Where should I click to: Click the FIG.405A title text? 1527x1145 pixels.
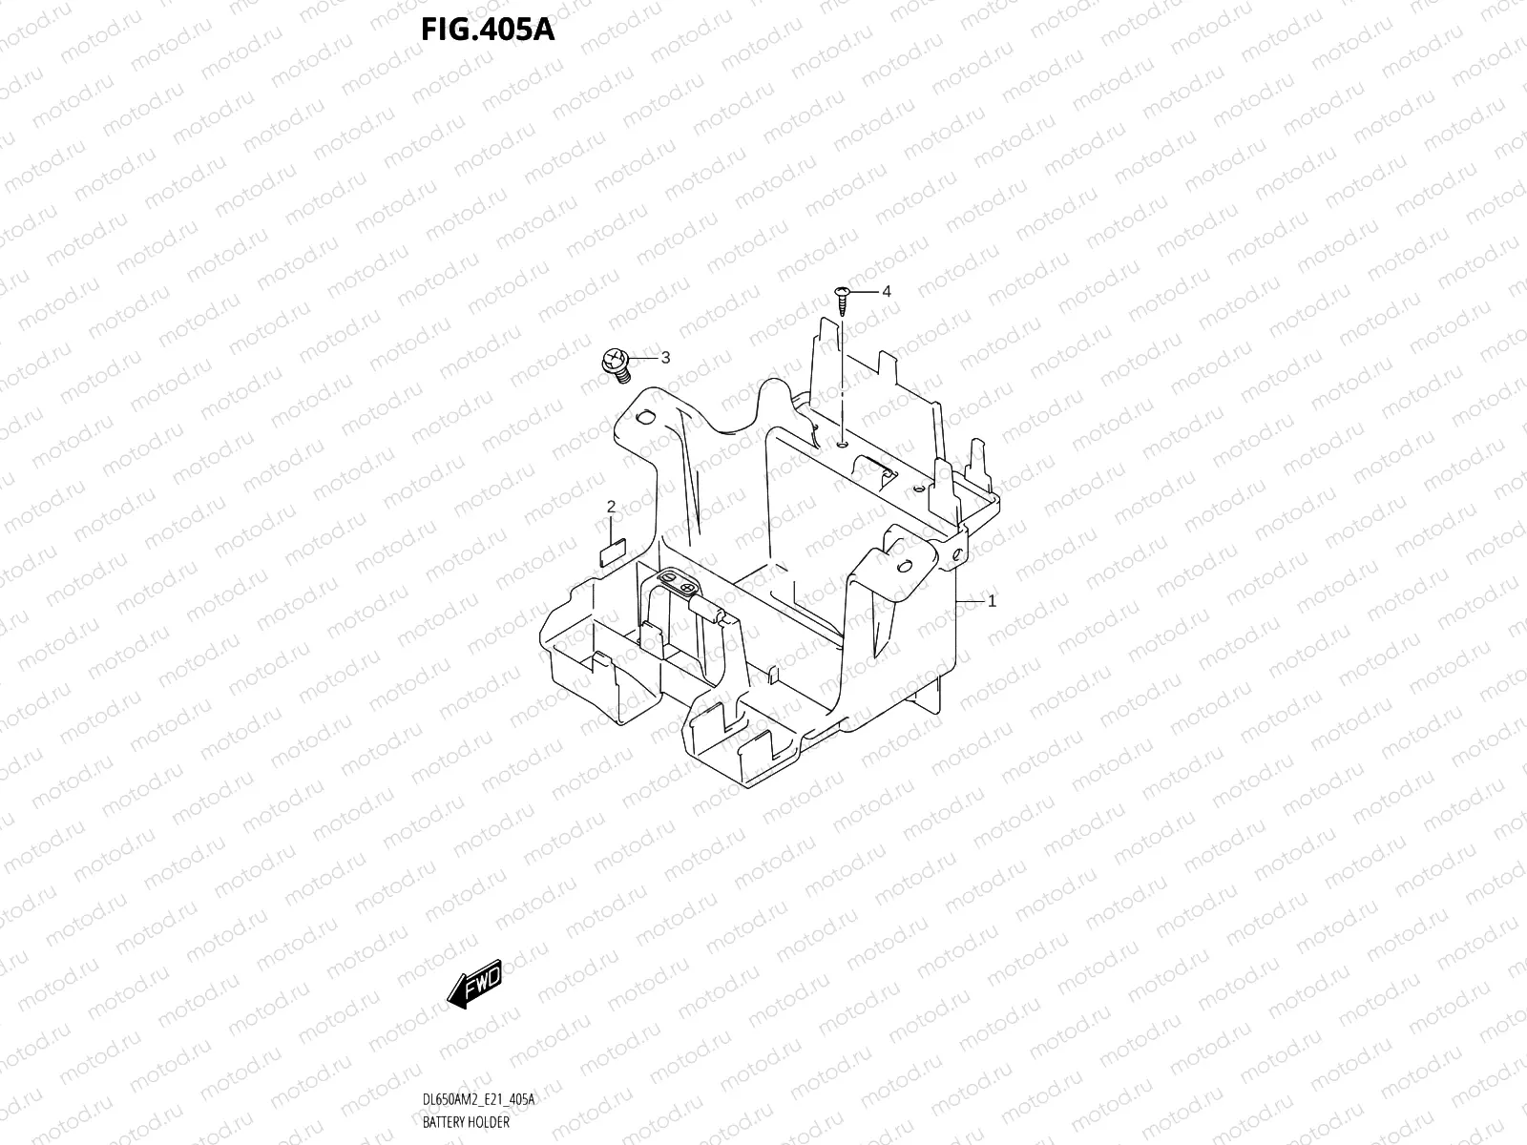pos(487,31)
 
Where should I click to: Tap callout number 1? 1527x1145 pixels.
pos(993,601)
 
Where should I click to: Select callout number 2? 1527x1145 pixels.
pos(612,507)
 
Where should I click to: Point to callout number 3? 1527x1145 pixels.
pos(665,357)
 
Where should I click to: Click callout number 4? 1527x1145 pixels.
pos(886,291)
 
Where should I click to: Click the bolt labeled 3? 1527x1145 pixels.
pos(616,364)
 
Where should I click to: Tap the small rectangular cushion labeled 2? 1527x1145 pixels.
pos(611,551)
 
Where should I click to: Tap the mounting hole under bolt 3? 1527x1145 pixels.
pos(641,417)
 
